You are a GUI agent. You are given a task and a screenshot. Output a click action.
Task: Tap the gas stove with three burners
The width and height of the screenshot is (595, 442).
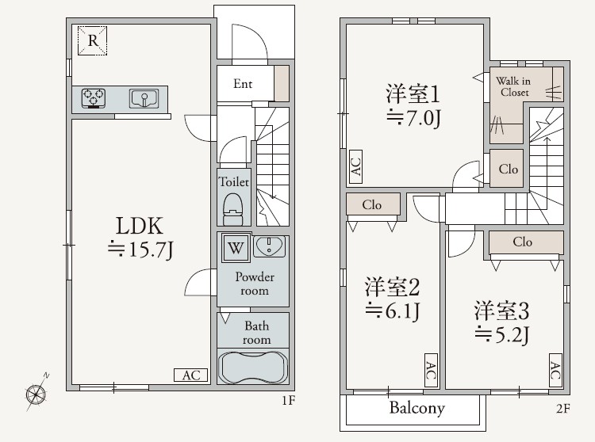[x=94, y=98]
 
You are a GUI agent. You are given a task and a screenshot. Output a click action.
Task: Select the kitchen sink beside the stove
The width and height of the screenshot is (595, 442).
[x=144, y=98]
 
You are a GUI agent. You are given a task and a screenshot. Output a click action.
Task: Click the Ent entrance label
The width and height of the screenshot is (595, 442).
[x=243, y=84]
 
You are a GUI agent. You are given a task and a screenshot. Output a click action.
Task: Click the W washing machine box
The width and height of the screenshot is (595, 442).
[x=236, y=248]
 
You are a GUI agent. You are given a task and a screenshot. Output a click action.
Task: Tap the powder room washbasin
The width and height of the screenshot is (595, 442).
[x=271, y=247]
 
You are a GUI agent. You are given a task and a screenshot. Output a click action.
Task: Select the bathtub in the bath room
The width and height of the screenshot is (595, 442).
[x=252, y=368]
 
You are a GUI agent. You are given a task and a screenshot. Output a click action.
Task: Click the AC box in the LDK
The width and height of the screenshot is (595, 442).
[x=191, y=375]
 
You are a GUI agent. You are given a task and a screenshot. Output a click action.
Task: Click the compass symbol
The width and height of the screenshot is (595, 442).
[x=36, y=392]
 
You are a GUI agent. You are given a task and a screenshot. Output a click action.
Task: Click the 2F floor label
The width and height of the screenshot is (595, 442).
[x=562, y=409]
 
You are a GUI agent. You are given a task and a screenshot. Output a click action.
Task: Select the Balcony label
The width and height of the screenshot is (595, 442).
[x=416, y=409]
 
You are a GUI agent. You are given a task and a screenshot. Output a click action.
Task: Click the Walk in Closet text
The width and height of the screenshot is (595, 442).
[x=513, y=86]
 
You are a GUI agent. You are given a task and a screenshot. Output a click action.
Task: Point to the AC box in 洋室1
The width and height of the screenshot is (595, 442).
[x=355, y=166]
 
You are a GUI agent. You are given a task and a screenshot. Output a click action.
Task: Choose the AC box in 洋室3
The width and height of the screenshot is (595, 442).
[x=555, y=370]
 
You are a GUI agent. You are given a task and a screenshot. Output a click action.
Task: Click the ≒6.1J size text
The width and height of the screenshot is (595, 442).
[x=391, y=310]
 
